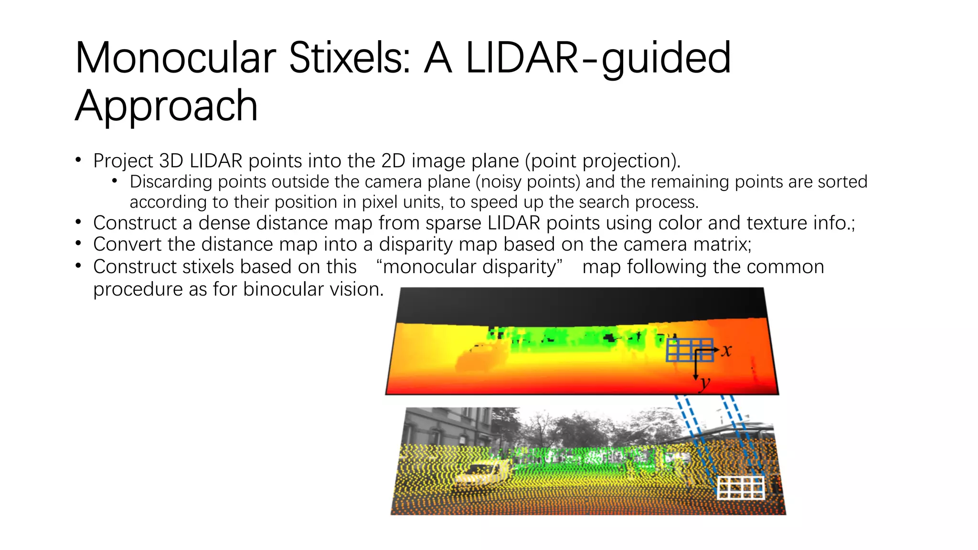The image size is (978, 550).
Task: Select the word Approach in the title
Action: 166,106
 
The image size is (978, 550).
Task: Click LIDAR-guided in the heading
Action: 598,58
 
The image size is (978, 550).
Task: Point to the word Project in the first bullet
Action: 123,161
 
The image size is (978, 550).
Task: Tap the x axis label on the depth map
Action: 726,351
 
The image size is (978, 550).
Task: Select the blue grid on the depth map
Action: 689,350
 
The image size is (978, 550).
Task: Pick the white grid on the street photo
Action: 741,487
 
